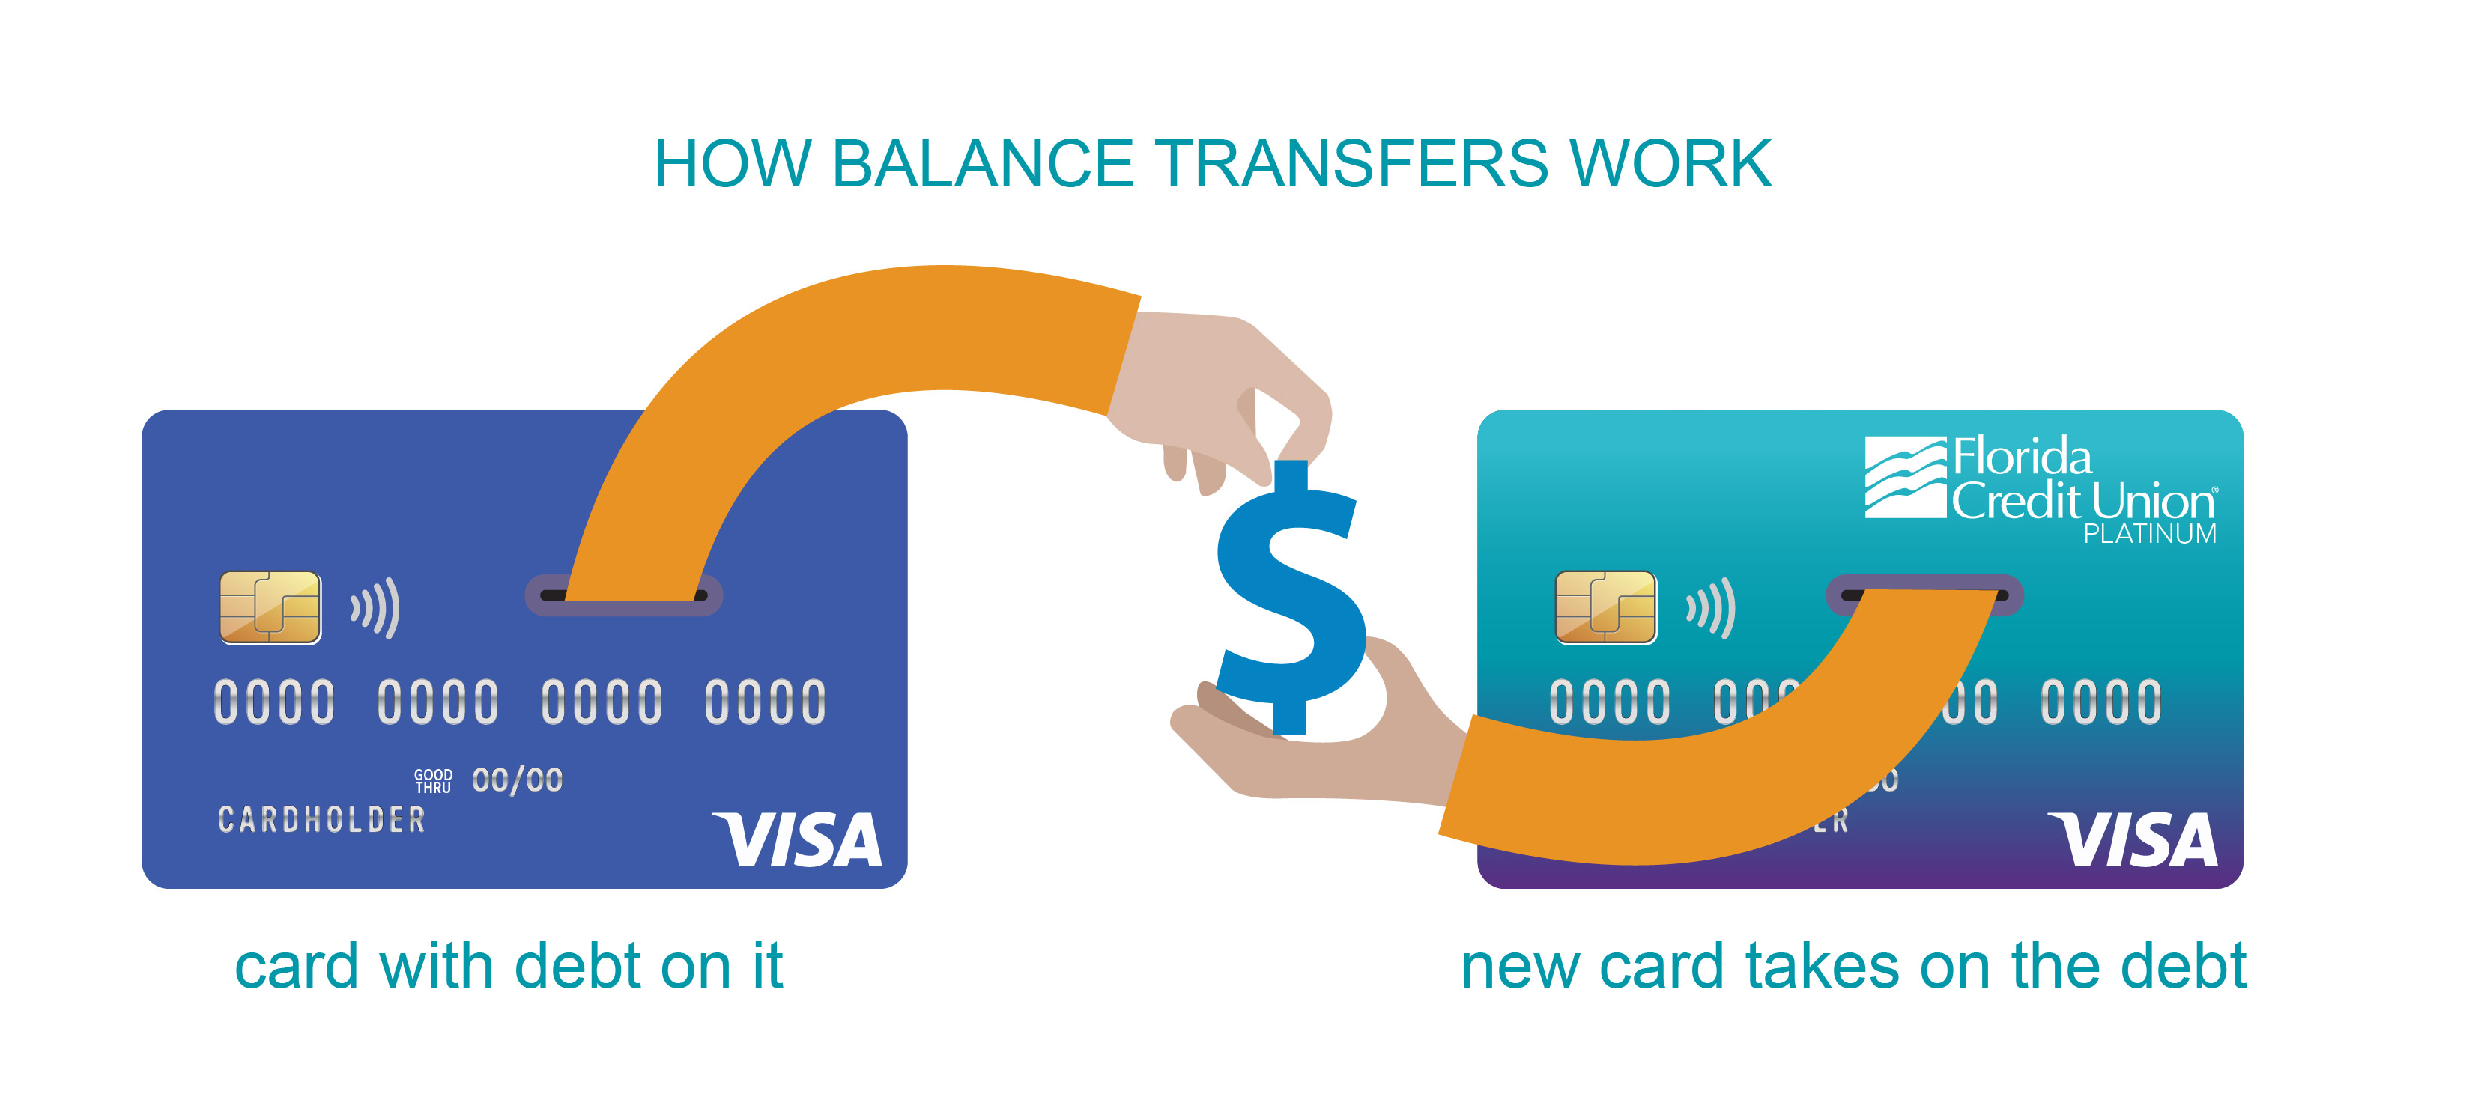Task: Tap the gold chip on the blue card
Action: (270, 607)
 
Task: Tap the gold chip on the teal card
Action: (1605, 607)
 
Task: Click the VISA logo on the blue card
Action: (796, 840)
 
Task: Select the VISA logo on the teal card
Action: (2133, 840)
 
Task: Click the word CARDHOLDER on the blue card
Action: (321, 820)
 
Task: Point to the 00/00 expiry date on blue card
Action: (517, 781)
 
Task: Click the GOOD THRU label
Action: (433, 781)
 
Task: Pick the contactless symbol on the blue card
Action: (375, 608)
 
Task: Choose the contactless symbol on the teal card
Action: (1711, 608)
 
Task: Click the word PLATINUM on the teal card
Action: (2150, 535)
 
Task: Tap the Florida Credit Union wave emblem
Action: (1904, 477)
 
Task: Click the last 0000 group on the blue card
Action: (765, 702)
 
